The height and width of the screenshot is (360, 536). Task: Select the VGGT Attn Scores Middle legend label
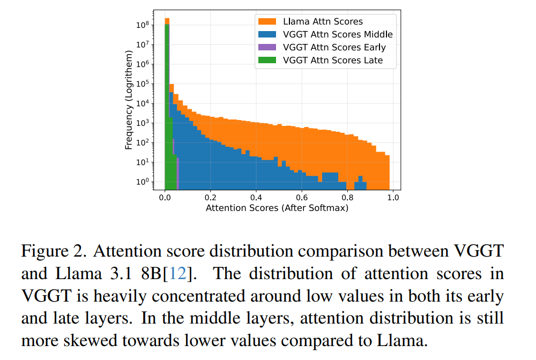(x=338, y=34)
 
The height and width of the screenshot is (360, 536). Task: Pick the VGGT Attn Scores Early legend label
(x=334, y=47)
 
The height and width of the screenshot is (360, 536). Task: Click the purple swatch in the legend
(x=267, y=47)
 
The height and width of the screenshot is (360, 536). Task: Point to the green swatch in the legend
(x=267, y=60)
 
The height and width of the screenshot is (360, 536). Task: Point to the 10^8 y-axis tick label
(x=143, y=25)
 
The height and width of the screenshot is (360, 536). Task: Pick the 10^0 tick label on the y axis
(x=143, y=182)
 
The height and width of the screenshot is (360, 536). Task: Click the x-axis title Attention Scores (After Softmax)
(x=277, y=207)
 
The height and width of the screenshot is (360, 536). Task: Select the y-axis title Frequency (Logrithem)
(x=129, y=100)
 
